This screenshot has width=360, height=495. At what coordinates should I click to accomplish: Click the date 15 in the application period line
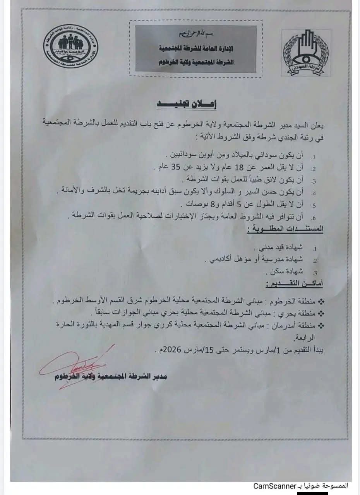pyautogui.click(x=214, y=351)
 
